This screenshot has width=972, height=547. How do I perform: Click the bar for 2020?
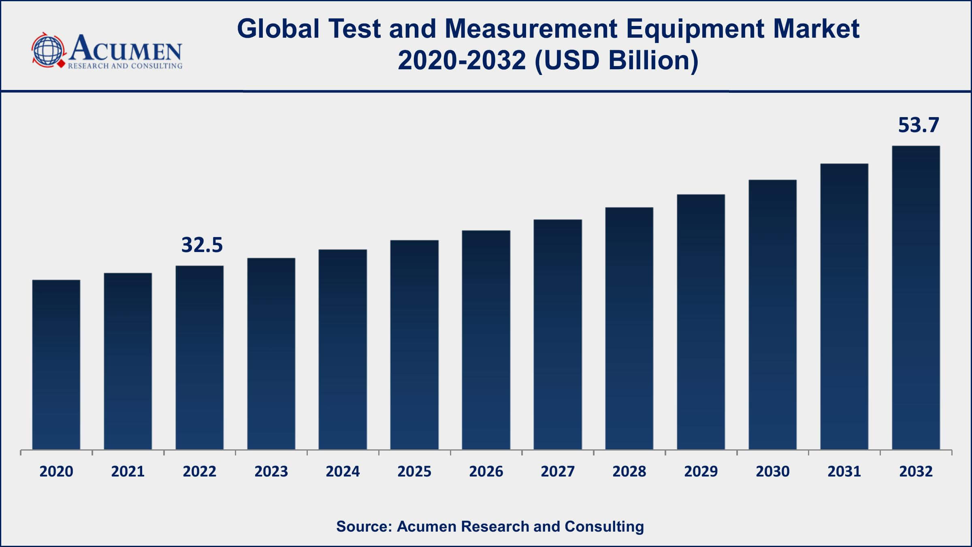(56, 365)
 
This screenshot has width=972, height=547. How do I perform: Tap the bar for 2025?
(414, 344)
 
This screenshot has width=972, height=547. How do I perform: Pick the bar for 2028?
(629, 328)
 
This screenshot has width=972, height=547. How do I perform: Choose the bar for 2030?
(772, 314)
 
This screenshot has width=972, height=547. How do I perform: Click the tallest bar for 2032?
(916, 297)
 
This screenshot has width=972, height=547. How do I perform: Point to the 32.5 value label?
(202, 245)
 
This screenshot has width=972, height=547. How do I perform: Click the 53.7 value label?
(918, 125)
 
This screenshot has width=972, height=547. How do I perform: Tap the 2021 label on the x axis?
(128, 472)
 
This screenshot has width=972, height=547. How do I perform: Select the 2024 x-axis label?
(343, 472)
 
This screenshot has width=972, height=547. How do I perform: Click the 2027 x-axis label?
(557, 472)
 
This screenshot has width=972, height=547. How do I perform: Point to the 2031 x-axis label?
(844, 472)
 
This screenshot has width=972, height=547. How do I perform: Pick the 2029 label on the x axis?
(701, 472)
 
